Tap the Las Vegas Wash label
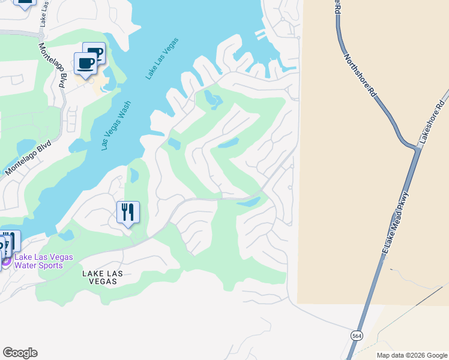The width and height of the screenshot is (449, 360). pos(116,125)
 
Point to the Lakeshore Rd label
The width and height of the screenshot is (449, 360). pos(433,121)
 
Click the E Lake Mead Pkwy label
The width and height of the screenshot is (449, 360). pos(396,225)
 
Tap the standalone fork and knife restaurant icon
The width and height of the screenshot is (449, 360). pos(128,212)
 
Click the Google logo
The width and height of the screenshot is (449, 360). pos(20,353)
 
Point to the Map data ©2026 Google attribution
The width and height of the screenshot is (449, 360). pos(411,355)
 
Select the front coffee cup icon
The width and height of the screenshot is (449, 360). pos(85,63)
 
